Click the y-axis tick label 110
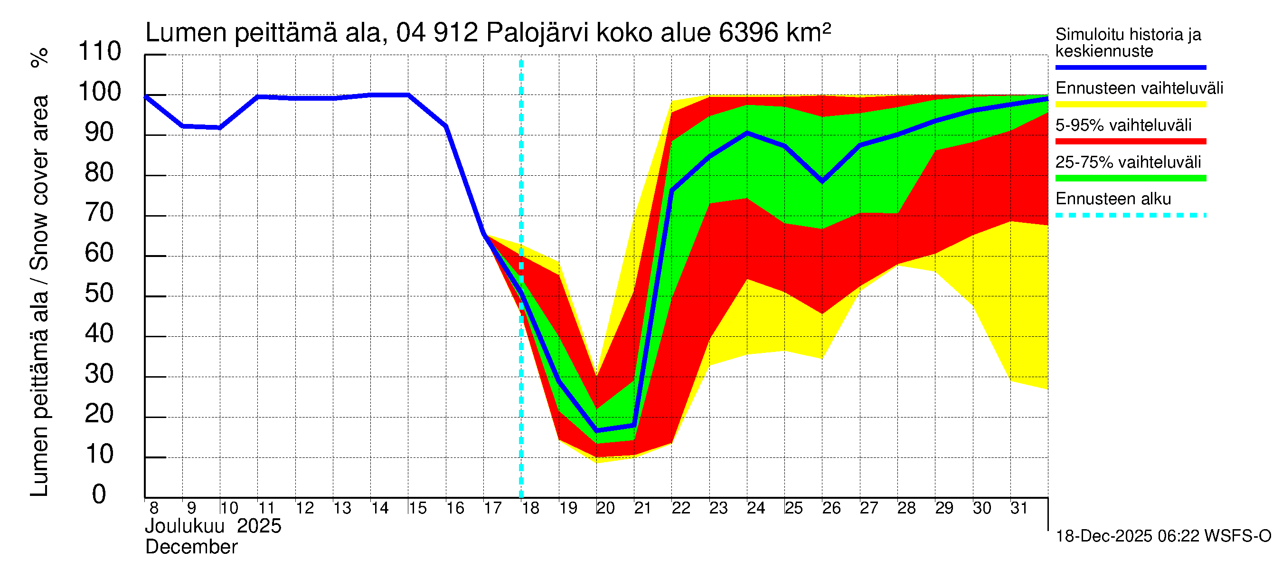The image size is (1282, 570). [x=100, y=52]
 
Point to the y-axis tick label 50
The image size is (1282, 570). [x=100, y=294]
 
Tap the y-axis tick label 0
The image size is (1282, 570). [x=99, y=494]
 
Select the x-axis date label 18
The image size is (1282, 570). [x=530, y=508]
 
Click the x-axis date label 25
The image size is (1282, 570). [x=794, y=508]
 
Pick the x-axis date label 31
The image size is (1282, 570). [x=1019, y=508]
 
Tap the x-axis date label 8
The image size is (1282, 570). [x=154, y=508]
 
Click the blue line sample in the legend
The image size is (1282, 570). [x=1130, y=67]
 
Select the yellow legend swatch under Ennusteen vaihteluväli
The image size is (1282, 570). [x=1130, y=104]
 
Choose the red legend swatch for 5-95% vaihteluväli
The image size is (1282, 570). [x=1130, y=142]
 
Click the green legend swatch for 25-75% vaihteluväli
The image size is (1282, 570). [x=1130, y=178]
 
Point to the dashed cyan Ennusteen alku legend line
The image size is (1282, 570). [x=1130, y=216]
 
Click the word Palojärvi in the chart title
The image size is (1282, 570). [x=537, y=33]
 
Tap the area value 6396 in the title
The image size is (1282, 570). [x=748, y=33]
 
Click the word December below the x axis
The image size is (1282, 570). [x=192, y=547]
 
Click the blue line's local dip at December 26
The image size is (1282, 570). [x=822, y=181]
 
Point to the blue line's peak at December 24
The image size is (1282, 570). [x=747, y=133]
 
